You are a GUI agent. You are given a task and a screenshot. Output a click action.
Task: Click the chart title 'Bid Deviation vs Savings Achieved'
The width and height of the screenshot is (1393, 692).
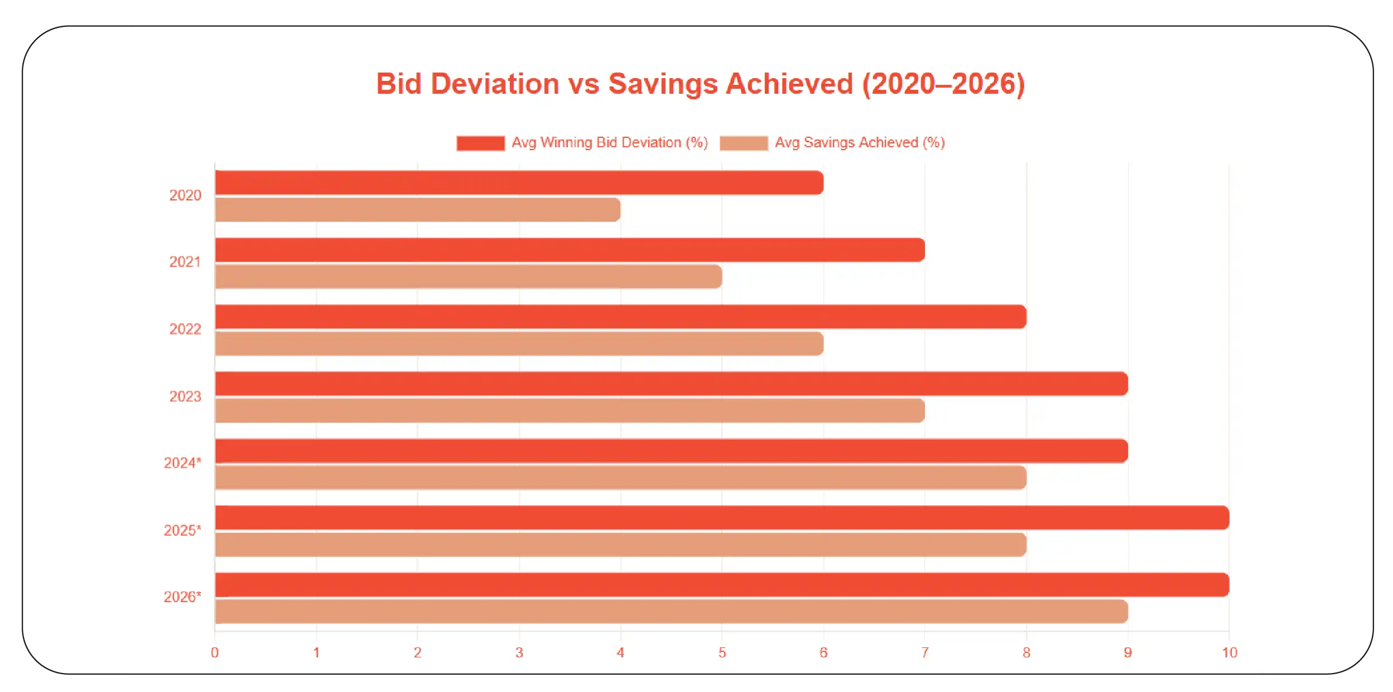click(x=700, y=84)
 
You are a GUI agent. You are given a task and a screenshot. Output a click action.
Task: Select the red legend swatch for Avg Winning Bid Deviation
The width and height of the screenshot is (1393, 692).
click(x=480, y=143)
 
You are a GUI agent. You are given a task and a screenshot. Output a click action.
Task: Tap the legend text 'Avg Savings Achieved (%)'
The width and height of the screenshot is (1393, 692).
click(x=859, y=143)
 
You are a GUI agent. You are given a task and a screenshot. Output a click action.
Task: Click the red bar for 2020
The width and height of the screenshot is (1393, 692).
click(x=519, y=183)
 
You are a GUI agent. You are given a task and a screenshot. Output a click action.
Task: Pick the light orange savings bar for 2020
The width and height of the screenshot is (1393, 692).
click(x=417, y=210)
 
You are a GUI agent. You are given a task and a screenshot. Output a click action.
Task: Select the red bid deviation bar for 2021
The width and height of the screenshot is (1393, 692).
click(x=569, y=250)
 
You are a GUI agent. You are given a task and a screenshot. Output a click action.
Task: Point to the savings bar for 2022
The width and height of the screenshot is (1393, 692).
click(x=519, y=344)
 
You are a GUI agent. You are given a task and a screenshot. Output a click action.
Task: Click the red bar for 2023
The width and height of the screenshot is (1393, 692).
click(x=671, y=384)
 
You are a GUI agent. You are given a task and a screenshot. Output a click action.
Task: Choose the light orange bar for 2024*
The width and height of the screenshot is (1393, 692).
click(x=620, y=478)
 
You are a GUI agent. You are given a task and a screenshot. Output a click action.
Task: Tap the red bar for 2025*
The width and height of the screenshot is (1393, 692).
click(x=722, y=518)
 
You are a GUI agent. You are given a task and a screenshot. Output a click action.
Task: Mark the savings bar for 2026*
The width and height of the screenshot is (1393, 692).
click(x=671, y=612)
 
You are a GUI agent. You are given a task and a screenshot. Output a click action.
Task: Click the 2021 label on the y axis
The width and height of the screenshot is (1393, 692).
click(x=185, y=262)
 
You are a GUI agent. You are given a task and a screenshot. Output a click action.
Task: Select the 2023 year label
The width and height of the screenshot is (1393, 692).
click(x=185, y=396)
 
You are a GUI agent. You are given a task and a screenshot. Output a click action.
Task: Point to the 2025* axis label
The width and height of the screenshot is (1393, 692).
click(x=182, y=530)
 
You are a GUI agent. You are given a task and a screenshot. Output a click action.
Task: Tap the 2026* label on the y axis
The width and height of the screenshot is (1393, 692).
click(x=182, y=597)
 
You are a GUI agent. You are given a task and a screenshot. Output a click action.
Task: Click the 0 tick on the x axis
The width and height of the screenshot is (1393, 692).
click(x=215, y=652)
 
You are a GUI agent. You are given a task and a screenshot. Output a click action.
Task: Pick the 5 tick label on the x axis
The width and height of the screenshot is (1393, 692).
click(x=722, y=652)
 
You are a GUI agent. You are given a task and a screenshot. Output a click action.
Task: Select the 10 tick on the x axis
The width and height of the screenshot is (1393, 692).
click(x=1229, y=652)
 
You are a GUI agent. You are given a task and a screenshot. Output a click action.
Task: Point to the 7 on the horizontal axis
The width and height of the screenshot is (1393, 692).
click(x=925, y=652)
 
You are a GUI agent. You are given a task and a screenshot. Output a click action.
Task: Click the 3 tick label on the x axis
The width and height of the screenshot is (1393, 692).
click(x=519, y=652)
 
